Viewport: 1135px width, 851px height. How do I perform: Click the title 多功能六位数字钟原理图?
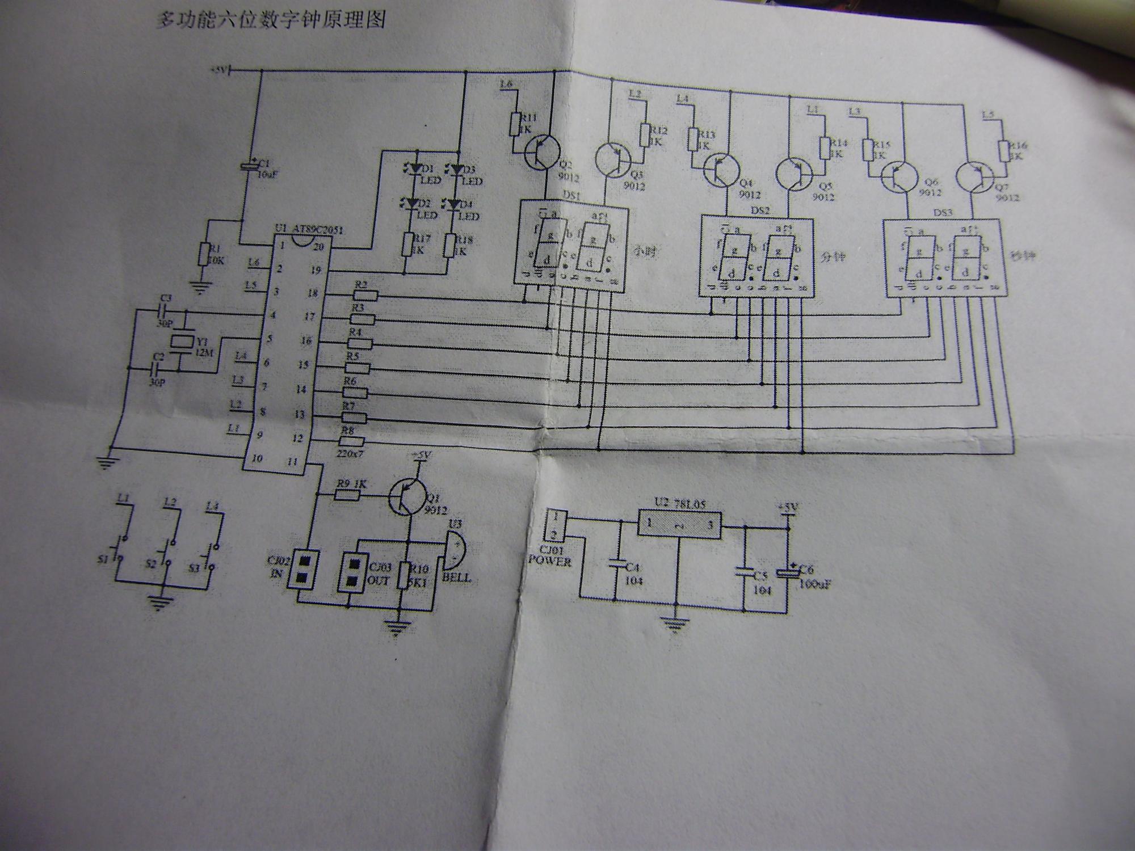(x=271, y=20)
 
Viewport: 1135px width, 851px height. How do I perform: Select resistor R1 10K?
(x=203, y=254)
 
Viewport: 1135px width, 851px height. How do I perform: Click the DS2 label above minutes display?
(x=765, y=210)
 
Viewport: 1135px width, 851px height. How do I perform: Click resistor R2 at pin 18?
(x=365, y=295)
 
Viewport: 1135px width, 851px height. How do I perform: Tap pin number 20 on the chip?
(x=319, y=246)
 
